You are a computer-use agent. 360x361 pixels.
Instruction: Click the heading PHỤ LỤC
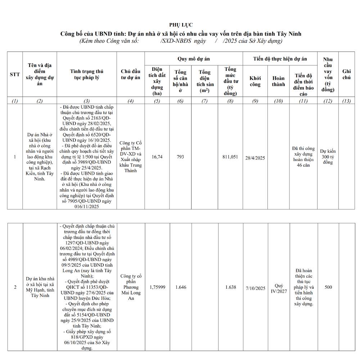[181, 25]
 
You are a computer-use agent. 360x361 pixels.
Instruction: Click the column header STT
[15, 74]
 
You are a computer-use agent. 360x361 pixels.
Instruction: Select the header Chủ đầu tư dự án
[130, 74]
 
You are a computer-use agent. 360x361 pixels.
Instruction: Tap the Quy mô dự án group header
[193, 59]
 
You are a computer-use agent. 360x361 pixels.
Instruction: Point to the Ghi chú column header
[346, 74]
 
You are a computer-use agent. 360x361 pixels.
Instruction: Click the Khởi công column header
[255, 81]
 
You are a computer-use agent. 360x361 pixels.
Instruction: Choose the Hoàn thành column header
[278, 81]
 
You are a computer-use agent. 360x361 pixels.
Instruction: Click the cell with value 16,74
[157, 157]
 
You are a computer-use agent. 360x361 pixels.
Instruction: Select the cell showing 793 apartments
[180, 157]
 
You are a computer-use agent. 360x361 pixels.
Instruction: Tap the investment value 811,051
[230, 157]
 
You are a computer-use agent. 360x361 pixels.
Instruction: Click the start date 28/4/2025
[255, 158]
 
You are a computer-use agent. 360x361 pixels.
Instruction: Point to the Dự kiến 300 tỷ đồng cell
[328, 157]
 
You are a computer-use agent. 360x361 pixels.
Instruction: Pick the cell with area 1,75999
[157, 287]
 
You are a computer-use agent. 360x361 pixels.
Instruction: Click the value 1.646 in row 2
[181, 287]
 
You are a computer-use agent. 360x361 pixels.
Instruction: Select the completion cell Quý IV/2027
[279, 288]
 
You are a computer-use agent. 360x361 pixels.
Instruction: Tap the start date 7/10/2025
[256, 288]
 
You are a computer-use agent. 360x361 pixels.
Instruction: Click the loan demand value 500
[328, 287]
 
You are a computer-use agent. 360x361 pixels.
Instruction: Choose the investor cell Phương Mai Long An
[131, 287]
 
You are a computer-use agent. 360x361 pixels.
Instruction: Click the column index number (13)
[346, 101]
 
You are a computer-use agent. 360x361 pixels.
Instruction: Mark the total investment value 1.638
[231, 287]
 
